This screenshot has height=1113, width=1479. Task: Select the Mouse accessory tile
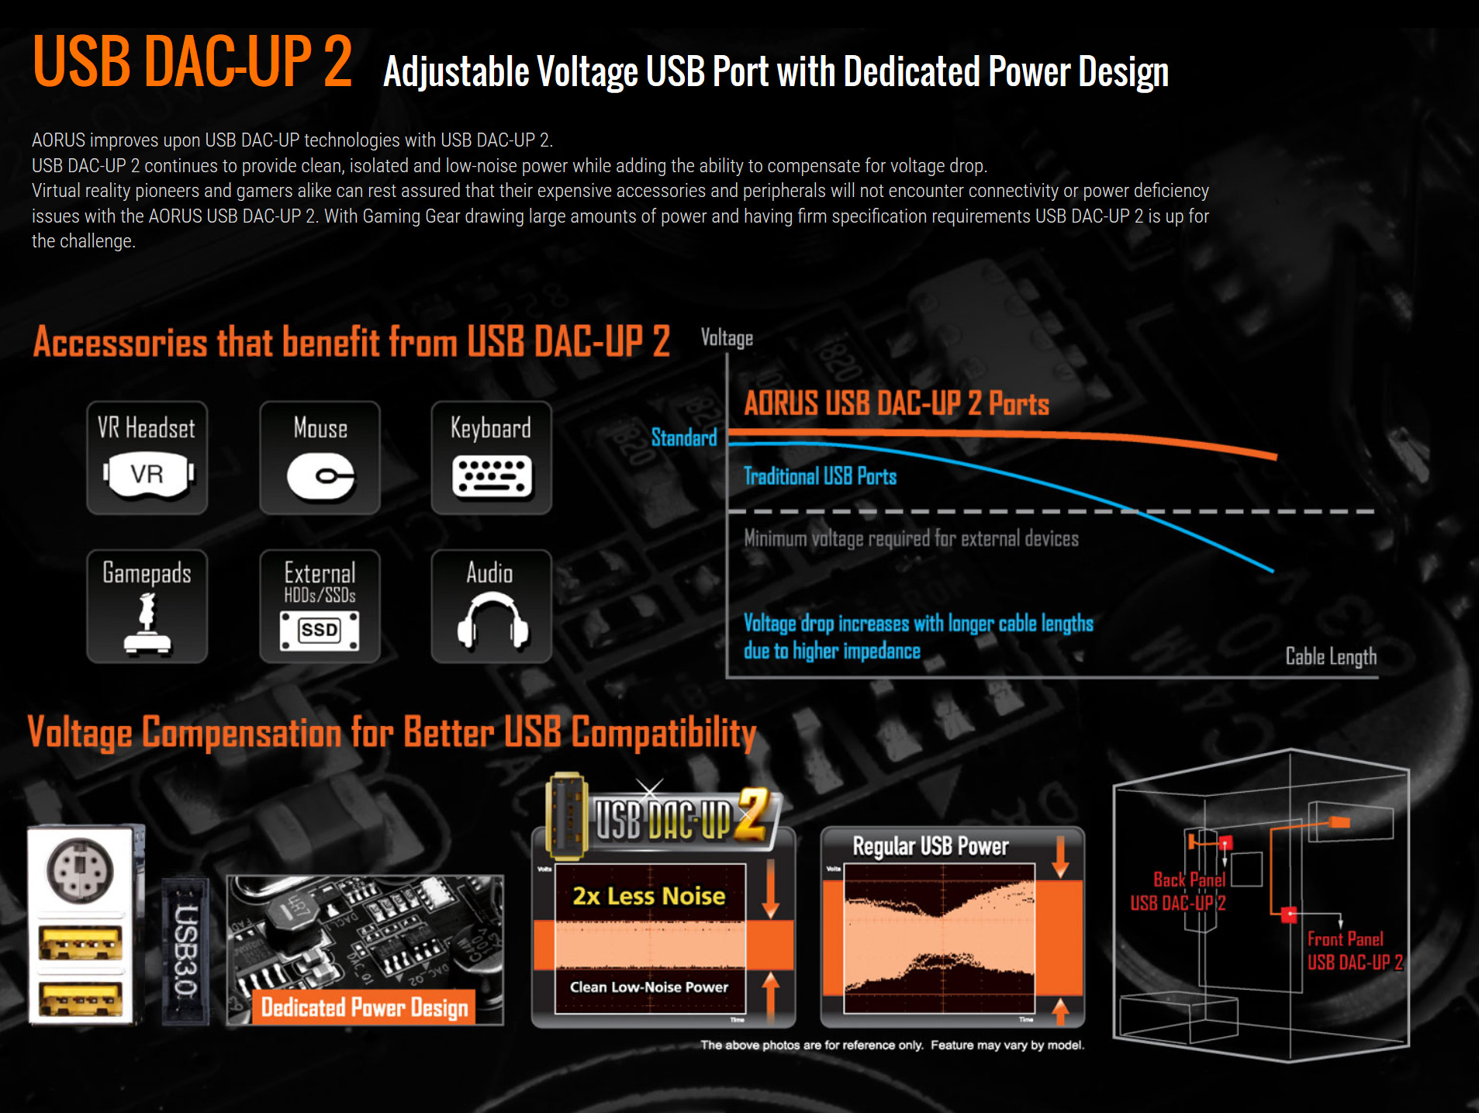tap(320, 458)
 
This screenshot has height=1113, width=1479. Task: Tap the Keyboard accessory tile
tap(492, 458)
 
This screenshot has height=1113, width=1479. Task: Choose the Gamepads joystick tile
tap(147, 607)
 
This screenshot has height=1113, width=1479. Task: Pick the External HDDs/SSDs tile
tap(320, 607)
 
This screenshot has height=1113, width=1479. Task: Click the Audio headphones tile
tap(492, 607)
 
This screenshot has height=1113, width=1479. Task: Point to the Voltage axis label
tap(727, 337)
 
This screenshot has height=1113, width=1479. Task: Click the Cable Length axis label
tap(1331, 656)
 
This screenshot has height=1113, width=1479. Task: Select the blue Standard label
tap(684, 437)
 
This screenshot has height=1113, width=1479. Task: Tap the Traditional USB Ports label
tap(820, 476)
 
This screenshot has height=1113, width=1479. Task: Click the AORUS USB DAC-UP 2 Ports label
tap(897, 403)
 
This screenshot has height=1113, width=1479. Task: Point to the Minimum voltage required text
tap(911, 538)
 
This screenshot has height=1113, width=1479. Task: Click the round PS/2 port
tap(80, 870)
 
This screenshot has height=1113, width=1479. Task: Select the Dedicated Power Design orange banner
tap(365, 1008)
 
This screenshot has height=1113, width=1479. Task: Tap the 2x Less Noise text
tap(649, 896)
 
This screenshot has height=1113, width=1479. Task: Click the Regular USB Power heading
tap(931, 846)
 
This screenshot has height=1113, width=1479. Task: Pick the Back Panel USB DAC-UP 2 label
tap(1178, 891)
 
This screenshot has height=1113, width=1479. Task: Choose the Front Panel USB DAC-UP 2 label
tap(1355, 951)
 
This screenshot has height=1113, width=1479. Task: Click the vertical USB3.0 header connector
tap(185, 952)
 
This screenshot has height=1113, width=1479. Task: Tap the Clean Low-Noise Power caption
tap(649, 987)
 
